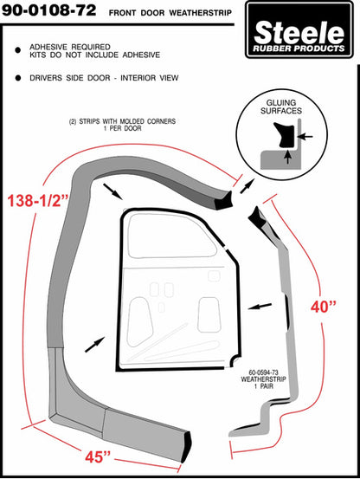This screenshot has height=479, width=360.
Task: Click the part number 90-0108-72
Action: pyautogui.click(x=48, y=10)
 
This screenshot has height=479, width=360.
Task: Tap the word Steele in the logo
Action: pyautogui.click(x=299, y=32)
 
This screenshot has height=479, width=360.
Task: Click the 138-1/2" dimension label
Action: pyautogui.click(x=38, y=200)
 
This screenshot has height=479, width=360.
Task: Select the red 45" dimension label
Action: pyautogui.click(x=98, y=456)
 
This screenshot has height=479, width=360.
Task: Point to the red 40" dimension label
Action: pyautogui.click(x=324, y=307)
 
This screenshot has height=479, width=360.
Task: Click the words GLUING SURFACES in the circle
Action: pyautogui.click(x=281, y=107)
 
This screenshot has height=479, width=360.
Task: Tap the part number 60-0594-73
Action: pyautogui.click(x=264, y=372)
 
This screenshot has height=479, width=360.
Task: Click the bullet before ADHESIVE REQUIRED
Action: pyautogui.click(x=18, y=50)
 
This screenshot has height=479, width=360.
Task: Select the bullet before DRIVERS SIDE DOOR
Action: pyautogui.click(x=18, y=78)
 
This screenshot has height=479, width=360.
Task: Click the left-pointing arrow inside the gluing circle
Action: pyautogui.click(x=305, y=137)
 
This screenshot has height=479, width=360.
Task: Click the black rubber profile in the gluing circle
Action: pyautogui.click(x=285, y=135)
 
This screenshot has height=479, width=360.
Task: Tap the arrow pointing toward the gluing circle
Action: pyautogui.click(x=247, y=186)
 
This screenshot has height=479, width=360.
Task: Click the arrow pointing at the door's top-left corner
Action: pyautogui.click(x=112, y=191)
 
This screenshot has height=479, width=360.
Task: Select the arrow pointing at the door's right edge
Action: pyautogui.click(x=260, y=306)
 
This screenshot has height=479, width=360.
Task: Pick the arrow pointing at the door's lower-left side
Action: pyautogui.click(x=95, y=345)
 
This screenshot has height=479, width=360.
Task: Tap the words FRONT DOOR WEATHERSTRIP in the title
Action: pyautogui.click(x=170, y=13)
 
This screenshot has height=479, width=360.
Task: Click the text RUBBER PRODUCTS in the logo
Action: pyautogui.click(x=299, y=49)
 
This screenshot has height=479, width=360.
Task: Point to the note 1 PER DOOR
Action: pyautogui.click(x=122, y=128)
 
